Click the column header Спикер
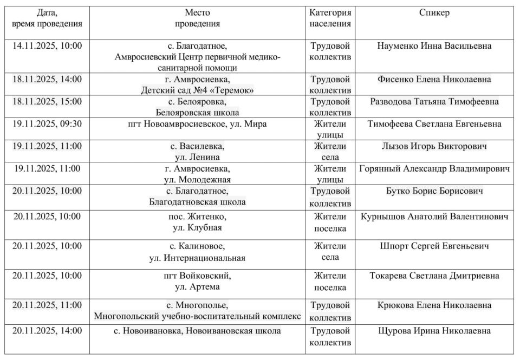pos(434,13)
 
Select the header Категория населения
pos(330,18)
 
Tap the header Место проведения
pos(197,18)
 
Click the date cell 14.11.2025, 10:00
pos(47,46)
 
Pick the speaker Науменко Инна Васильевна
pos(434,46)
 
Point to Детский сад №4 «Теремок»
pos(197,90)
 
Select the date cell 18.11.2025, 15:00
pos(47,102)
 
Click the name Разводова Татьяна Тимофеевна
pos(434,102)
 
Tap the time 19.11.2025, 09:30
pos(47,124)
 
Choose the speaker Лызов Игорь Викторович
pos(434,146)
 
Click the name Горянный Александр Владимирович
pos(434,168)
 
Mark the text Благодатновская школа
pos(197,202)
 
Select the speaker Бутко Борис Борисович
pos(434,191)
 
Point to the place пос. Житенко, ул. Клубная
pos(197,222)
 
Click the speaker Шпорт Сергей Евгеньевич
pos(434,246)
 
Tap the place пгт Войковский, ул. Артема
pos(197,281)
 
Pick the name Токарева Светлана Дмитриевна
pos(434,276)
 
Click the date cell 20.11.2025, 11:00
pos(47,305)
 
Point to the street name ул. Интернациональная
pos(197,258)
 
